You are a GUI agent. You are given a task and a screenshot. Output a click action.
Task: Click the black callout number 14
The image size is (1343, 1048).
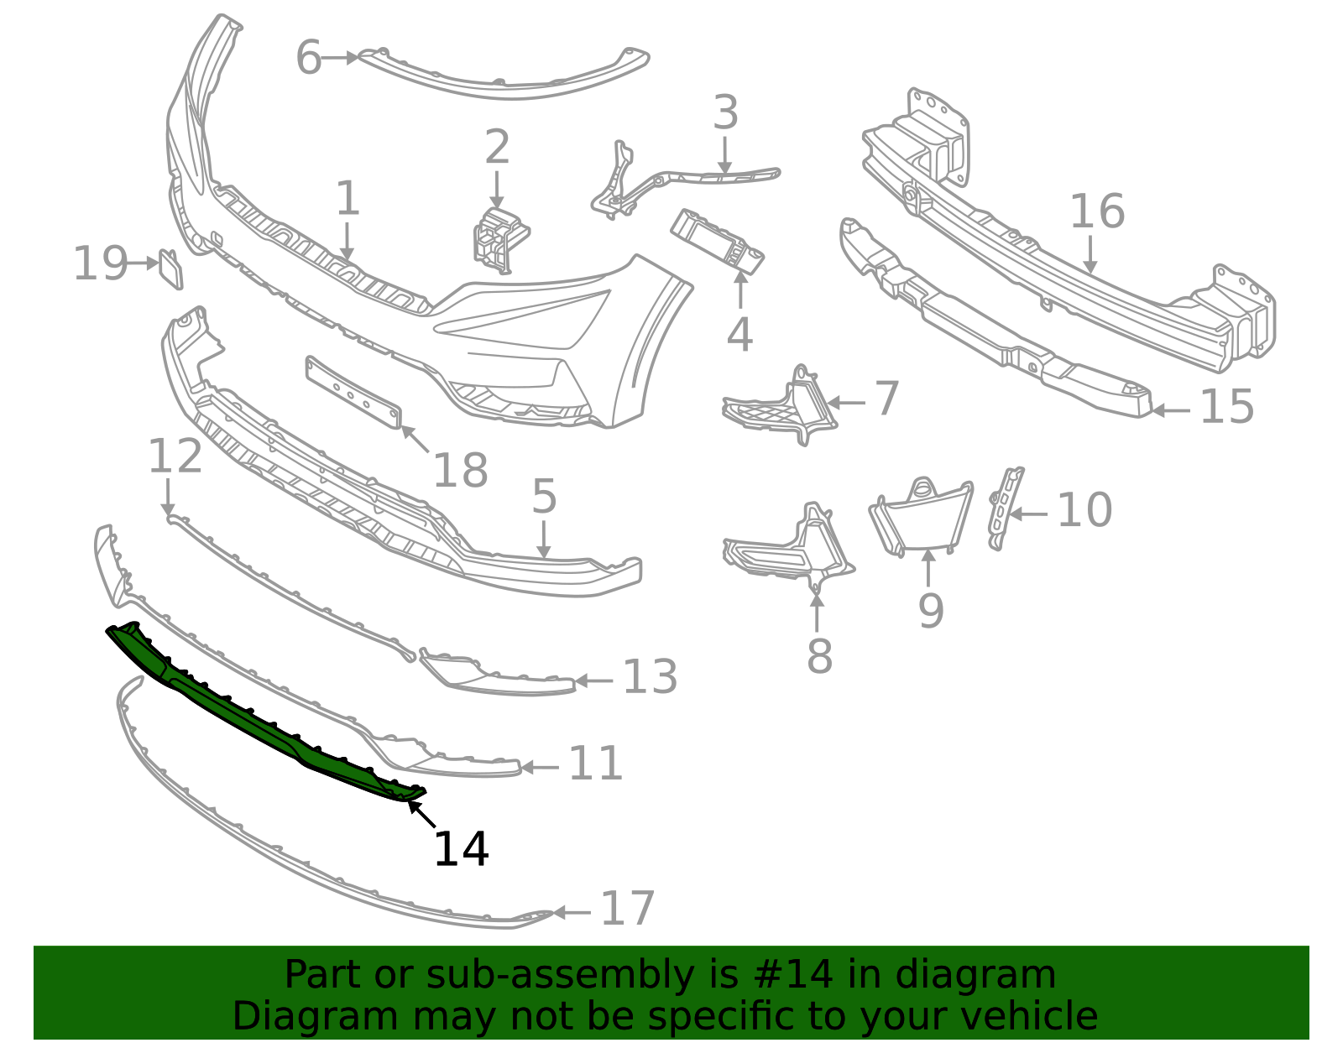[x=461, y=849]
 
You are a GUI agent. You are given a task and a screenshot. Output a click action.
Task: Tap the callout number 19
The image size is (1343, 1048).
[x=100, y=263]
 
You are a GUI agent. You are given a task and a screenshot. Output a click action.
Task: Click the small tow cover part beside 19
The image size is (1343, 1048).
[x=170, y=269]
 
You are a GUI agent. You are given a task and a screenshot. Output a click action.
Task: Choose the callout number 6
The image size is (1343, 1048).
[x=309, y=58]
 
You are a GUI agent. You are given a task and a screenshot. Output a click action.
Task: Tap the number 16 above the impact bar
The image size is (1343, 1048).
[x=1097, y=211]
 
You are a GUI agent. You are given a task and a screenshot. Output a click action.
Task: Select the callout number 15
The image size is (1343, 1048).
[x=1226, y=407]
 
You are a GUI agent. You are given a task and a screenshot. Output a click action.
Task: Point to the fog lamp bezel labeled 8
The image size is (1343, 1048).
[x=789, y=550]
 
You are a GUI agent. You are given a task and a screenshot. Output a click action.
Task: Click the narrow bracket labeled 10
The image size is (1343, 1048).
[x=1006, y=508]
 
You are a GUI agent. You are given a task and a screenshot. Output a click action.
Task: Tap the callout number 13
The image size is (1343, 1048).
[x=650, y=677]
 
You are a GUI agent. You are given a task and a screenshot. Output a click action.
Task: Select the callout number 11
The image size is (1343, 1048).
[x=595, y=764]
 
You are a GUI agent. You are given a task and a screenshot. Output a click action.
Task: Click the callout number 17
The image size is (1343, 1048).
[x=628, y=909]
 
